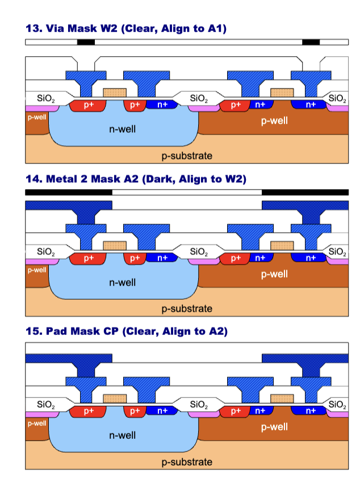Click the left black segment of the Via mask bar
coord(86,43)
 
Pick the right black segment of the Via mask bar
coord(311,43)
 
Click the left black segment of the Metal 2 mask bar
coord(68,192)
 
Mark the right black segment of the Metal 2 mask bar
coord(305,192)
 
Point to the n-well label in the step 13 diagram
coord(123,129)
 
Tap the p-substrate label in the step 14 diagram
coord(187,309)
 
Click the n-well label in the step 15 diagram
coord(123,435)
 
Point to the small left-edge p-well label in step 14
coord(36,270)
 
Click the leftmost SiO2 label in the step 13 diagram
coord(46,98)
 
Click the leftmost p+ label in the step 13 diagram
coord(89,104)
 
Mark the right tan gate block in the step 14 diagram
coord(282,246)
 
